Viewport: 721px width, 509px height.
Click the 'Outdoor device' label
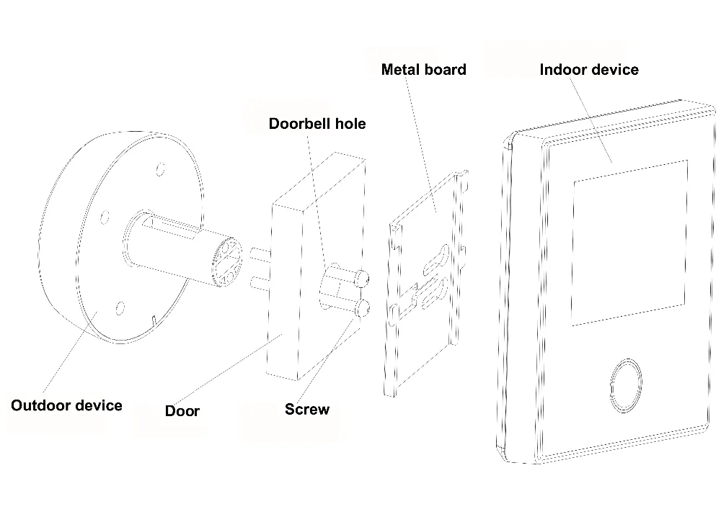(66, 405)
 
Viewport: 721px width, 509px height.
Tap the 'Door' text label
(182, 411)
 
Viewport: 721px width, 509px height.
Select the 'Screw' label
(307, 410)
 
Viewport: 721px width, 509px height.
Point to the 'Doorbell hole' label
(317, 123)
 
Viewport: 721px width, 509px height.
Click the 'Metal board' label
(423, 69)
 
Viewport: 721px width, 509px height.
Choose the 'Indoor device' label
(589, 69)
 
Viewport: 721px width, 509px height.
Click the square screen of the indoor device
(629, 242)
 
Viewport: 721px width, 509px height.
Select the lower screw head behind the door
(363, 308)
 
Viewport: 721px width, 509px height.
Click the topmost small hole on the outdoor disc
(160, 171)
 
